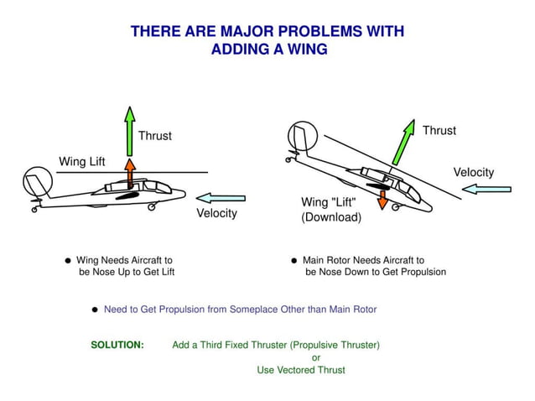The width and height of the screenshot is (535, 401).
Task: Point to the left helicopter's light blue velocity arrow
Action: pos(222,198)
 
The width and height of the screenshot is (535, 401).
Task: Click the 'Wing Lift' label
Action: pos(82,161)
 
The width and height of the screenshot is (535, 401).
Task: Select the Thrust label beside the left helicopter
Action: pos(155,136)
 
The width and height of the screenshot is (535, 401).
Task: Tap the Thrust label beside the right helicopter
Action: pos(439,131)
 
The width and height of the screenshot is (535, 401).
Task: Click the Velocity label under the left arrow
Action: pos(216,213)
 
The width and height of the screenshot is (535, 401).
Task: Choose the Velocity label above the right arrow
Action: pos(474,173)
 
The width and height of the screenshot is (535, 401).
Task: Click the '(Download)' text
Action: pos(331,217)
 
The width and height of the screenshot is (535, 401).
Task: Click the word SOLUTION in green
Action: pos(117,345)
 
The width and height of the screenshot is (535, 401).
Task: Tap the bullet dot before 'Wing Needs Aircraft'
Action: pos(67,261)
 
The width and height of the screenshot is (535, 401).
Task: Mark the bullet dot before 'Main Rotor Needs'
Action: pos(294,261)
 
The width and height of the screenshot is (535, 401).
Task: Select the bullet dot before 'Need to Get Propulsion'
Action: pos(95,310)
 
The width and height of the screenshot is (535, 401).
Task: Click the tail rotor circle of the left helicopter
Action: pos(38,180)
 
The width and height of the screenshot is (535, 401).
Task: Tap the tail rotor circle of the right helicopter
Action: pos(302,135)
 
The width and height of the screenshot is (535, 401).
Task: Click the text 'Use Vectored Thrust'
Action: pos(301,370)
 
